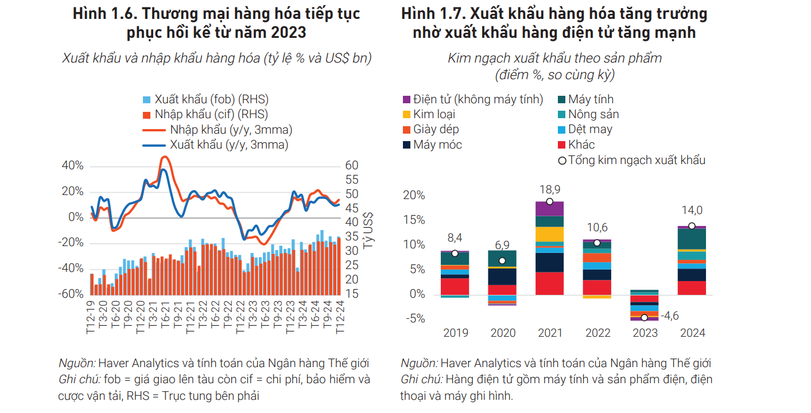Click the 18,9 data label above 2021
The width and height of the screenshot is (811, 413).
click(549, 189)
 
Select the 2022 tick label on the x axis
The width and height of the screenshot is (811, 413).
click(597, 333)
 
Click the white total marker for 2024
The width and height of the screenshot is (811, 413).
click(692, 226)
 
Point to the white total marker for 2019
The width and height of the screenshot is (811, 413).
click(455, 254)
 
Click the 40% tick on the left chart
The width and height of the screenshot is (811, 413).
click(72, 166)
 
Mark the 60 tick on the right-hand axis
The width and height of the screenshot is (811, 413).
click(352, 166)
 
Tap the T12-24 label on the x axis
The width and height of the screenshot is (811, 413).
click(340, 317)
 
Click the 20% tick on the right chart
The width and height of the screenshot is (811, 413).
click(414, 196)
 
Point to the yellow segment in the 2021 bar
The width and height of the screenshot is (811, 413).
click(549, 234)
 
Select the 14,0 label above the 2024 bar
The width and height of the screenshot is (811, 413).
click(692, 211)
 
